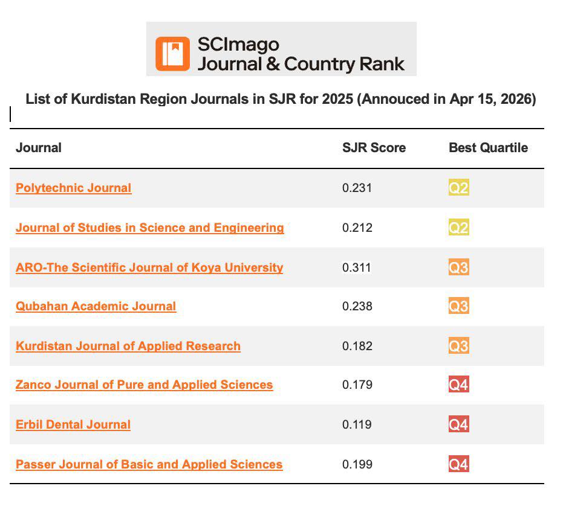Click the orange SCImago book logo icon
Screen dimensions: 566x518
click(x=172, y=54)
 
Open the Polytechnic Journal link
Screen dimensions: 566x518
click(x=74, y=188)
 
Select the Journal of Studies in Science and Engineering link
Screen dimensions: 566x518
click(x=150, y=228)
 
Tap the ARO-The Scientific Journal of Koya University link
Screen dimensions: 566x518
click(x=149, y=267)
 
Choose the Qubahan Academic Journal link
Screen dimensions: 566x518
click(x=96, y=306)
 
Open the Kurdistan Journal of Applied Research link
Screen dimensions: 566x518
click(x=128, y=346)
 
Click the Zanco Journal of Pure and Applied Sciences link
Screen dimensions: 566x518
click(x=145, y=385)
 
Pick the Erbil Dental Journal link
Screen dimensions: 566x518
click(x=73, y=424)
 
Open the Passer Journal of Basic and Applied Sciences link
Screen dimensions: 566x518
click(x=149, y=464)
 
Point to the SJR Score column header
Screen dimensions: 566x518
click(x=374, y=148)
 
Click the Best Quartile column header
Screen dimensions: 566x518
click(x=489, y=148)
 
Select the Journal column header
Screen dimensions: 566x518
click(x=39, y=148)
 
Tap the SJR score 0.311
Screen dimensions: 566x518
click(x=357, y=267)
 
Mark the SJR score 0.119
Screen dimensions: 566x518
click(x=357, y=424)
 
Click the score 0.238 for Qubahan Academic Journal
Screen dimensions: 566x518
click(x=357, y=306)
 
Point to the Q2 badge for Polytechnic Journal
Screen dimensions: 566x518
click(x=459, y=187)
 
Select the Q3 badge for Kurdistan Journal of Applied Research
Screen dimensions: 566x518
click(x=459, y=345)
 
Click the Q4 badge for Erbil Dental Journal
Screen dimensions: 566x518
click(x=459, y=424)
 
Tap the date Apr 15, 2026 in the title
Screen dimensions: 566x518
click(x=490, y=99)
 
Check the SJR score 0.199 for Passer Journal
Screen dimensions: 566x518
click(x=357, y=464)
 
